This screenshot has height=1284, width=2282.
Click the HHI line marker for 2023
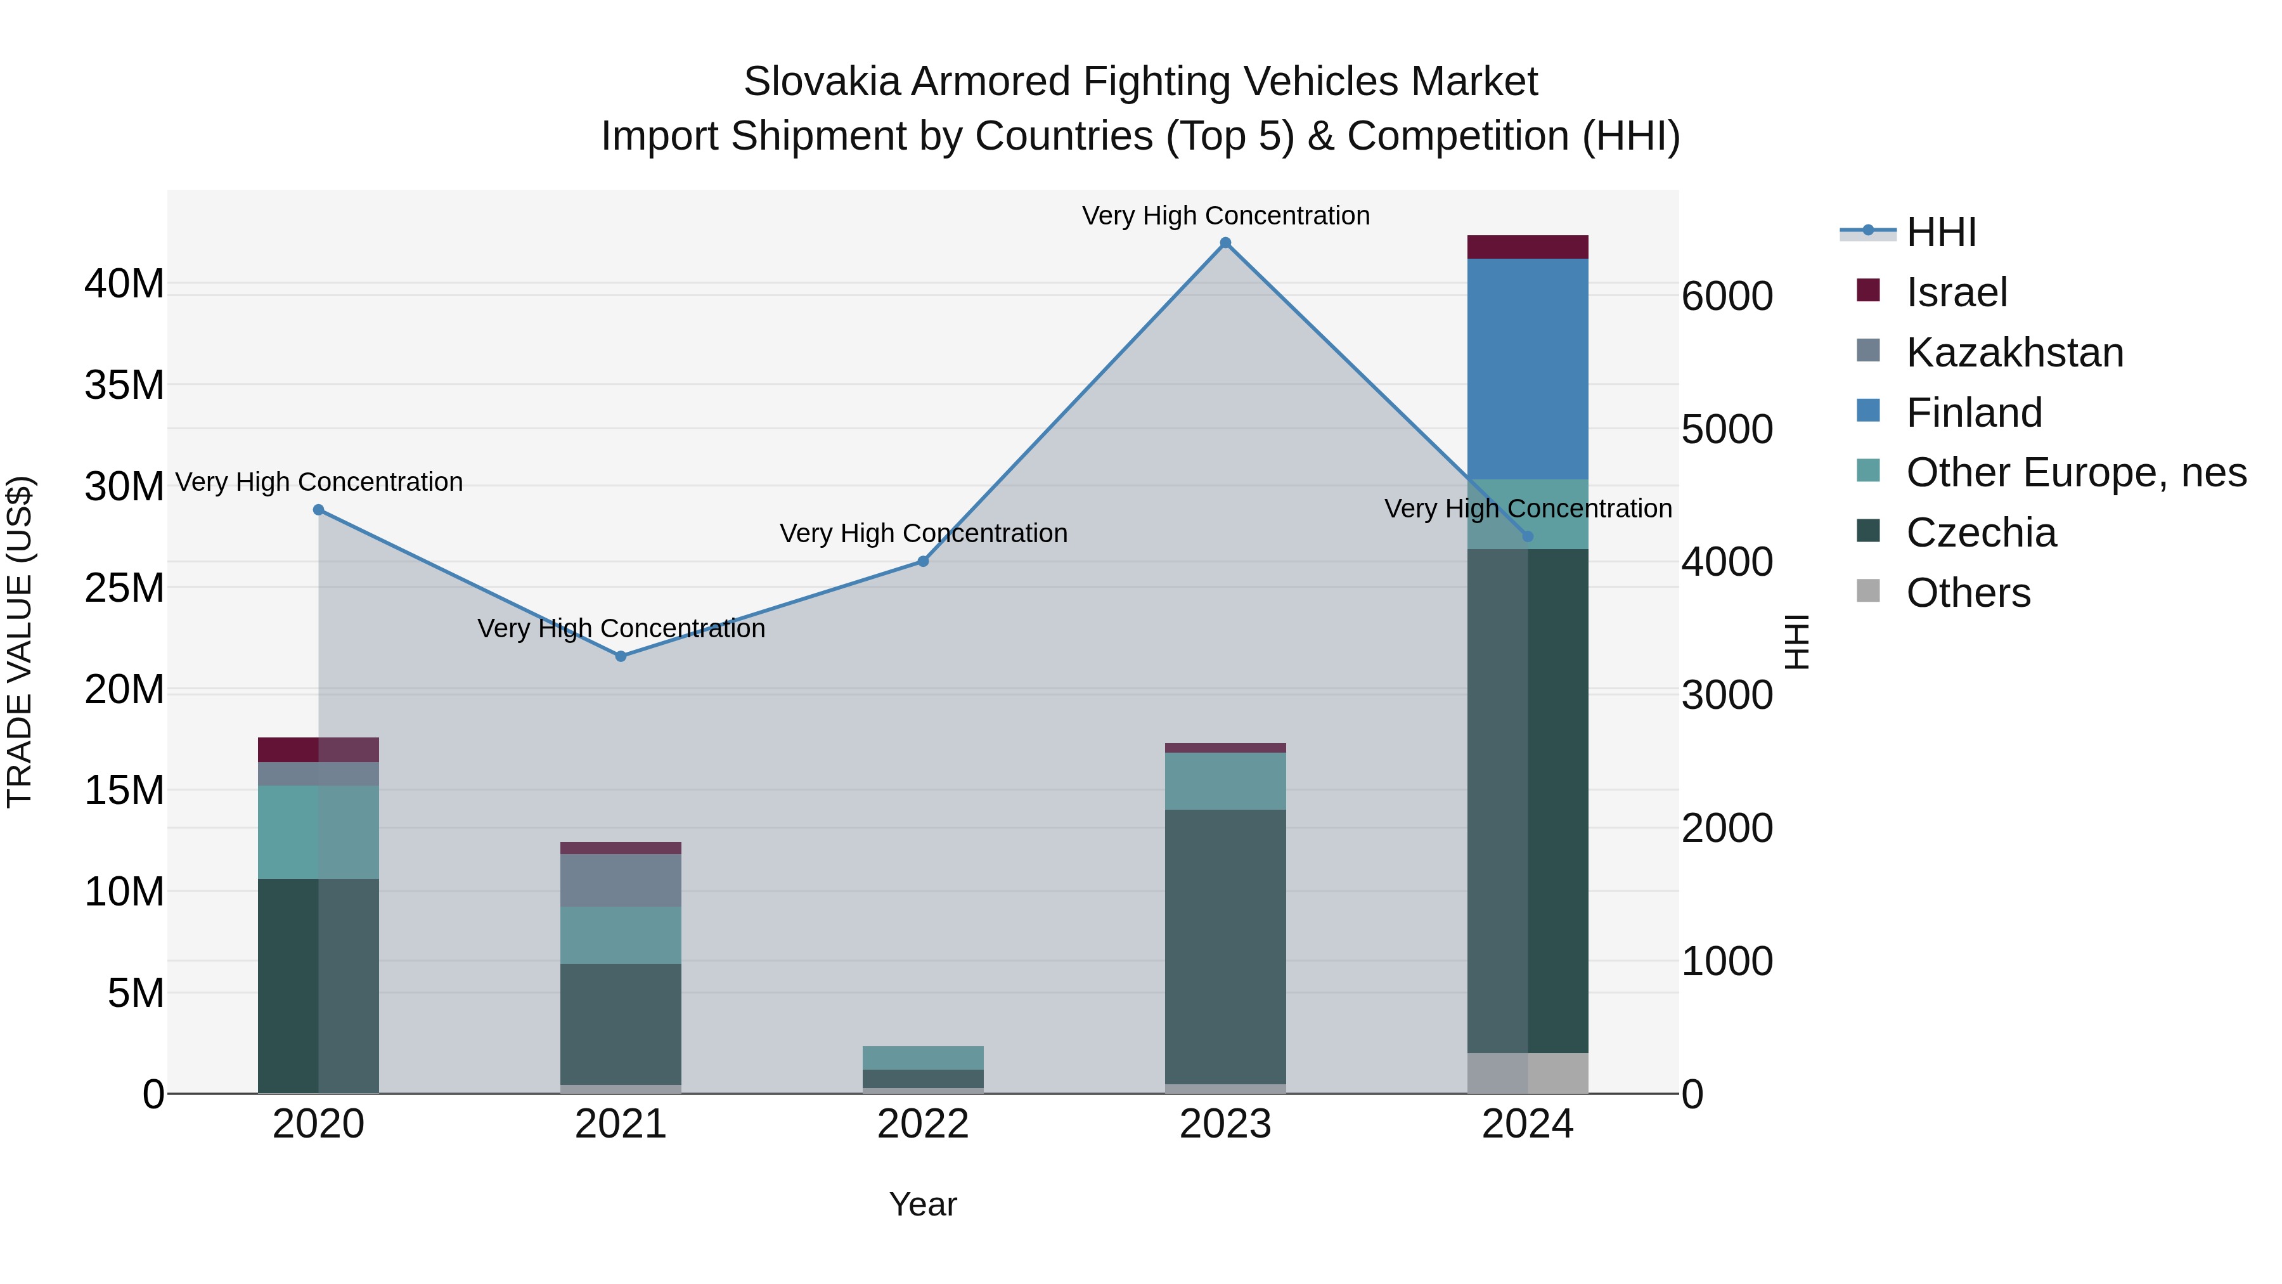[1225, 243]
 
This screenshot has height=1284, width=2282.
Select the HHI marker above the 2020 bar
[319, 510]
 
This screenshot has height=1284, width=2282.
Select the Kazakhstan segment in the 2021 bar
[621, 880]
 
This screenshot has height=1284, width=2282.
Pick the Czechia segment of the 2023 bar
[1225, 947]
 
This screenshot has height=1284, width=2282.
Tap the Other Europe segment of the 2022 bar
[923, 1058]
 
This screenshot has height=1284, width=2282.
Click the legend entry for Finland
[1974, 413]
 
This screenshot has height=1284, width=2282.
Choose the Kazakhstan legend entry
[2014, 353]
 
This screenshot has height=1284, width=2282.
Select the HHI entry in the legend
[1940, 232]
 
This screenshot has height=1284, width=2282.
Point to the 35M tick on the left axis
[124, 386]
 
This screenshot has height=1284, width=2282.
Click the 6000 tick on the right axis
[1727, 296]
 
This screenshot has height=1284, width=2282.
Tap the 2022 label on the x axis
[923, 1124]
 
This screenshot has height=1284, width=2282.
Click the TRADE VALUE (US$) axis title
[20, 642]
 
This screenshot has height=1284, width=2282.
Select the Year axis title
[923, 1204]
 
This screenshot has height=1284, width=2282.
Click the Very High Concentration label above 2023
[1225, 216]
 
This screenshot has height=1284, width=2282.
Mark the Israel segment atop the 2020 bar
[319, 749]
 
